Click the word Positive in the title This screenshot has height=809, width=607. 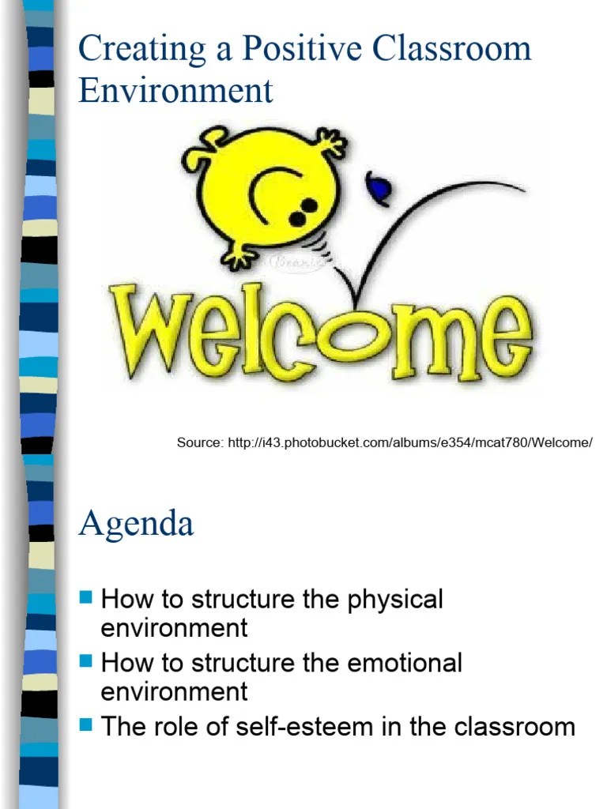coord(292,50)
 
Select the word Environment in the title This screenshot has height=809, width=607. coord(175,90)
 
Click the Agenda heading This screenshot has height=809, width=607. coord(136,524)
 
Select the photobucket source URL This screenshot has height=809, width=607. coord(410,442)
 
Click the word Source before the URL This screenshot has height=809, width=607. coord(200,442)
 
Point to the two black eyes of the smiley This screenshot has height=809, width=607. coord(303,211)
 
